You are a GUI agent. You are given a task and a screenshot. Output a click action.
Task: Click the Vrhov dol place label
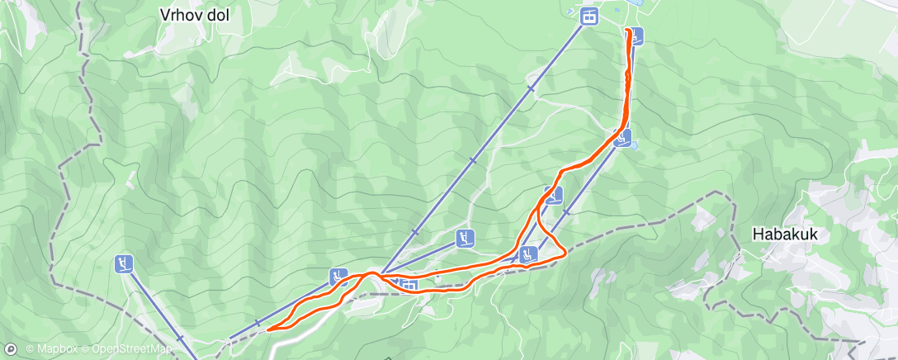click(x=194, y=14)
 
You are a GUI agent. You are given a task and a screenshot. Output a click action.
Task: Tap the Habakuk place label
click(x=785, y=234)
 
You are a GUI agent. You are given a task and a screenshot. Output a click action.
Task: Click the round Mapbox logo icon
click(x=11, y=349)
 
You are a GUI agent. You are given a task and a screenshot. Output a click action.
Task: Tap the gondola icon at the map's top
click(x=588, y=17)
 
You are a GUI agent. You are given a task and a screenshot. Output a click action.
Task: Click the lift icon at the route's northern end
click(x=636, y=36)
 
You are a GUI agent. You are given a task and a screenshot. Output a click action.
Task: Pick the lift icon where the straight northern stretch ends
click(x=625, y=136)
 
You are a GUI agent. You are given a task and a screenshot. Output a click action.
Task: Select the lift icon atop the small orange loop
click(x=553, y=196)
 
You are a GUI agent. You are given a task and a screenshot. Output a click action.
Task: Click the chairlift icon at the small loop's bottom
click(x=528, y=253)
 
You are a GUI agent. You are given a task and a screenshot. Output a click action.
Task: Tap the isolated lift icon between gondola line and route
click(x=466, y=239)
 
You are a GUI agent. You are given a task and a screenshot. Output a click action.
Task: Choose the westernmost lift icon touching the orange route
click(x=338, y=277)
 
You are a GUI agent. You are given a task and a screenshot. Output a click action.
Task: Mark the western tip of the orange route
click(x=269, y=330)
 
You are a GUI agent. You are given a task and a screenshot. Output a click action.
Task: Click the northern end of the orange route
click(x=629, y=31)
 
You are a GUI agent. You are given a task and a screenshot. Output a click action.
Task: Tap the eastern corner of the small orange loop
click(x=564, y=254)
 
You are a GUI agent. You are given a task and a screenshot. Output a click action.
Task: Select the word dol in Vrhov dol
click(x=217, y=14)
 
